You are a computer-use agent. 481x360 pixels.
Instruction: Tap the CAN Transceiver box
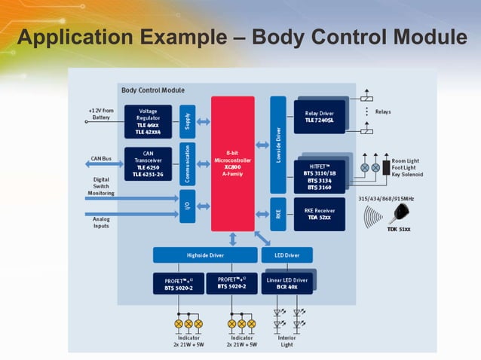click(148, 164)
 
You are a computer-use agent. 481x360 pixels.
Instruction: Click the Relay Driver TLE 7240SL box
click(320, 114)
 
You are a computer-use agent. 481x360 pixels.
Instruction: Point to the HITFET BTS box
click(320, 176)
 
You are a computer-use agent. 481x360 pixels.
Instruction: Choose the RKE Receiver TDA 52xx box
click(320, 214)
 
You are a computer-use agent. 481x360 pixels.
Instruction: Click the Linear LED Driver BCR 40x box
click(286, 283)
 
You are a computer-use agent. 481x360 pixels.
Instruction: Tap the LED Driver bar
click(287, 255)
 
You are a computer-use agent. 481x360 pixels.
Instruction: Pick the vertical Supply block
click(188, 121)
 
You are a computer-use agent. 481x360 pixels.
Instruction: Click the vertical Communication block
click(188, 163)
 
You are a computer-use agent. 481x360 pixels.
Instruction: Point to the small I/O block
click(188, 203)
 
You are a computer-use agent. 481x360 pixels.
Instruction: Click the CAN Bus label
click(101, 159)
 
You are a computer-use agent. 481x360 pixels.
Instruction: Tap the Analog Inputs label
click(101, 223)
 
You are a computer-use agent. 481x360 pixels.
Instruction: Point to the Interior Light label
click(287, 341)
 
